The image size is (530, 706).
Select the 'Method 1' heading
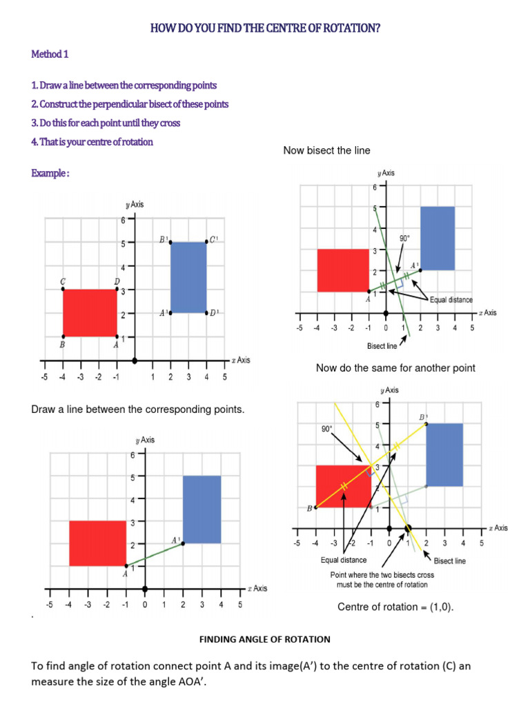click(x=50, y=54)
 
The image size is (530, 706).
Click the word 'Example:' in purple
click(x=50, y=173)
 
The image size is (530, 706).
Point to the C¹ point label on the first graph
click(x=214, y=240)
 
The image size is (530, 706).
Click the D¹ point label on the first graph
click(x=215, y=312)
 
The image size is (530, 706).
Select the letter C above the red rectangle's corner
click(x=63, y=281)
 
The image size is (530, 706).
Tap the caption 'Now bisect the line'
click(x=326, y=150)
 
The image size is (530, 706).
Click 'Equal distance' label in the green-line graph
click(x=451, y=300)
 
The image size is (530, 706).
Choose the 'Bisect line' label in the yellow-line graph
click(x=449, y=561)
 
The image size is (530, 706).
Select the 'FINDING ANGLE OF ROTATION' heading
click(x=265, y=639)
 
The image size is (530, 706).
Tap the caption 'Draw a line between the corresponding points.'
click(x=139, y=410)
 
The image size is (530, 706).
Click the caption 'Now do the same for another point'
click(x=395, y=368)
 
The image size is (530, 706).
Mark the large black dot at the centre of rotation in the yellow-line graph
click(x=408, y=529)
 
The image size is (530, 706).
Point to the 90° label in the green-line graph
click(x=405, y=239)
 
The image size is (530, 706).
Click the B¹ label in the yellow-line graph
click(x=423, y=417)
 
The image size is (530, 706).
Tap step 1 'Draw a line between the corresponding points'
click(x=124, y=85)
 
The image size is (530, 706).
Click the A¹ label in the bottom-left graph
click(x=175, y=538)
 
